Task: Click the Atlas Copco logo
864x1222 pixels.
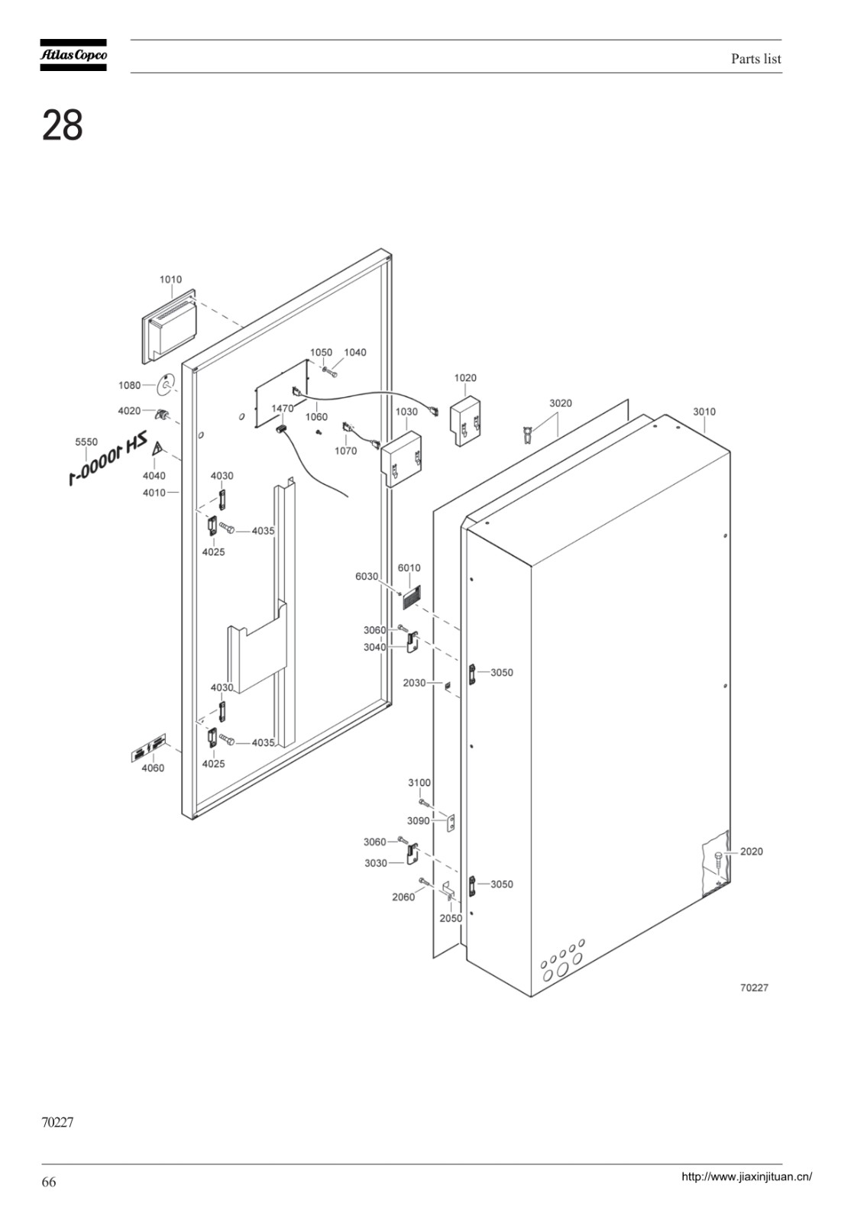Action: coord(73,55)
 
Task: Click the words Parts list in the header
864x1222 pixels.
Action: coord(756,59)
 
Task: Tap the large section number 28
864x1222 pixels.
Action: coord(62,125)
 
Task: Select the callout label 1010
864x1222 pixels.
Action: coord(170,280)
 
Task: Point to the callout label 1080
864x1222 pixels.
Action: coord(129,385)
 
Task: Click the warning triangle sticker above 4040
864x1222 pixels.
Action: coord(157,450)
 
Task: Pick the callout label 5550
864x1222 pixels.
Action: coord(86,442)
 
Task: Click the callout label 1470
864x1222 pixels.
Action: coord(282,409)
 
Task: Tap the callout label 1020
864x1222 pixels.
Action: coord(465,377)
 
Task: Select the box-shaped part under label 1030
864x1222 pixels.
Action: coord(401,458)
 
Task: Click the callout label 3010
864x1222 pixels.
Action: coord(704,412)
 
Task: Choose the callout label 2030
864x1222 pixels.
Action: coord(414,683)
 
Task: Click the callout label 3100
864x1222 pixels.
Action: coord(419,782)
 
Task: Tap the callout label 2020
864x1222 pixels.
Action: coord(751,851)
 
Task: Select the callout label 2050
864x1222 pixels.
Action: coord(451,918)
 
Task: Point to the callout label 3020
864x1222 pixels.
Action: coord(560,403)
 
